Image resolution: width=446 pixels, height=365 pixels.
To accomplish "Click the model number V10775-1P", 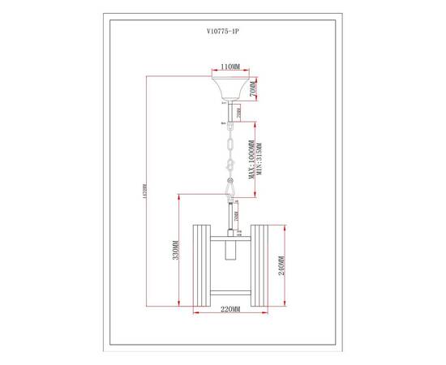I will click(x=223, y=35).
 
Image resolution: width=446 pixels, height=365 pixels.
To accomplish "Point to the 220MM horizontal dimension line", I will click(x=229, y=316).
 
